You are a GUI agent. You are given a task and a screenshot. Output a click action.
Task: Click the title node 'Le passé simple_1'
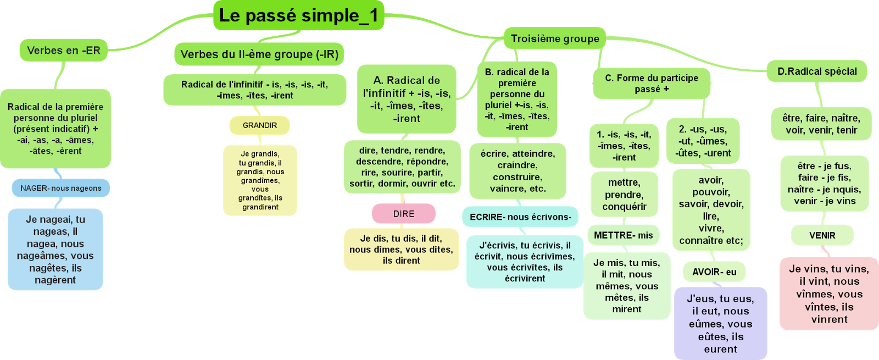298,15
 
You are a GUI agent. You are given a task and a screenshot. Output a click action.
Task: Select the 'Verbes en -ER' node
63,51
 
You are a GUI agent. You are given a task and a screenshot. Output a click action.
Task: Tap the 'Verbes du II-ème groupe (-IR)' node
259,54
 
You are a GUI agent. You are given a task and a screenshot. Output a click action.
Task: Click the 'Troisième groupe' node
555,38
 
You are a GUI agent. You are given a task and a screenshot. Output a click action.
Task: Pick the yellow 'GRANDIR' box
259,125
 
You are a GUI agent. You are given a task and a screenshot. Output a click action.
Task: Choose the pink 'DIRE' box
403,214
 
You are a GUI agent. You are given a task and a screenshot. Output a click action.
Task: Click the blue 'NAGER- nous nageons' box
61,188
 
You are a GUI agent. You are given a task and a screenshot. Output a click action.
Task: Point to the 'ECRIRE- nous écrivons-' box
520,217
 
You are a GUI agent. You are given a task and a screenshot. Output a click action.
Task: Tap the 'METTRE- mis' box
624,235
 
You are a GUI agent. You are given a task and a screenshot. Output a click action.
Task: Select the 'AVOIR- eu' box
714,272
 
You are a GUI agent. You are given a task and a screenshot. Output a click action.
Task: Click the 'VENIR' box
822,235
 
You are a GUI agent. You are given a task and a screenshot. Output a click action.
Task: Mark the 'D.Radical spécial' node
817,71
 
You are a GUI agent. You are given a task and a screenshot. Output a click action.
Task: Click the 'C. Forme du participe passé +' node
652,84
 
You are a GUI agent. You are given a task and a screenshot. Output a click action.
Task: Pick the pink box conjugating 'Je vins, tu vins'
829,294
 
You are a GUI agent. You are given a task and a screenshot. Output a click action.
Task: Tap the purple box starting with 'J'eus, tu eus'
720,324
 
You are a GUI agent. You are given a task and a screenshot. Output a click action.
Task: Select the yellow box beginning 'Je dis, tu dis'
401,250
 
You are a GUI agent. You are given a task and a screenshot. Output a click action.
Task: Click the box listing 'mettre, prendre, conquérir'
624,195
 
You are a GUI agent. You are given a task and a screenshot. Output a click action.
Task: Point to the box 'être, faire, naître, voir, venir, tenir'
821,124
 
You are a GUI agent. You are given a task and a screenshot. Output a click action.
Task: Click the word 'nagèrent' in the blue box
55,280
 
